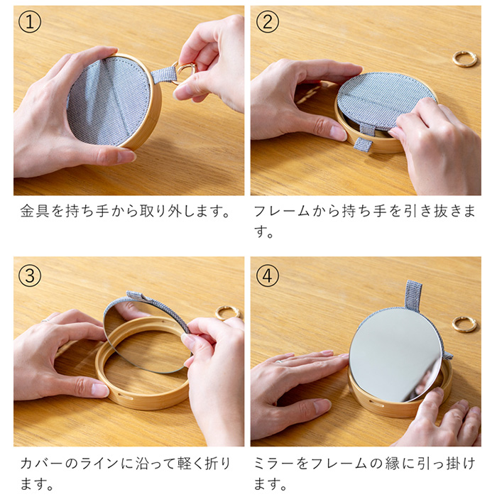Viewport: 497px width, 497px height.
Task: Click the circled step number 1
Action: pyautogui.click(x=30, y=22)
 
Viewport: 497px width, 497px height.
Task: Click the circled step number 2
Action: pyautogui.click(x=267, y=22)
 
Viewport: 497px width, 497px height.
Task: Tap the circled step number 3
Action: pyautogui.click(x=30, y=275)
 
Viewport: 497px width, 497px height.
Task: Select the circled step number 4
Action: pyautogui.click(x=267, y=275)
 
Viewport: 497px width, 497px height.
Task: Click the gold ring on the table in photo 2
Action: pyautogui.click(x=464, y=58)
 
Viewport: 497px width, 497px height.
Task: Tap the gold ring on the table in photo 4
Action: pyautogui.click(x=464, y=324)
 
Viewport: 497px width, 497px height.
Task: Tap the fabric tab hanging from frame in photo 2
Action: pyautogui.click(x=363, y=144)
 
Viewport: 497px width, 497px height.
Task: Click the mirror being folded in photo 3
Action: pyautogui.click(x=142, y=334)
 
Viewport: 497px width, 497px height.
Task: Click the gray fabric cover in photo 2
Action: pyautogui.click(x=383, y=99)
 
